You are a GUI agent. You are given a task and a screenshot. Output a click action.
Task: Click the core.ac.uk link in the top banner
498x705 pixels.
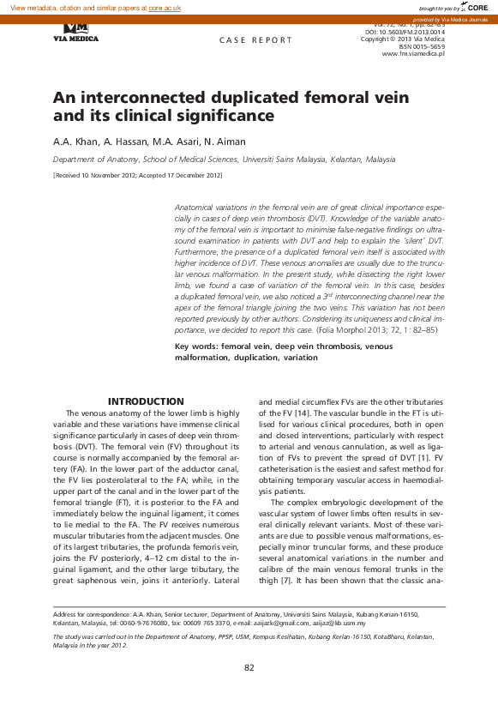[165, 7]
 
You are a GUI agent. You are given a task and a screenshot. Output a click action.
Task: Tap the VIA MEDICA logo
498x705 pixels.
[75, 33]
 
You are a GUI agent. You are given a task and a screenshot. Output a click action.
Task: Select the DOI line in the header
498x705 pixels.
[404, 32]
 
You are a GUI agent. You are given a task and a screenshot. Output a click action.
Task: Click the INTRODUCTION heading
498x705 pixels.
[146, 401]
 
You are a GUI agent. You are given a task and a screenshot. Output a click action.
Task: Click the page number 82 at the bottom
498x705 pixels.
[249, 668]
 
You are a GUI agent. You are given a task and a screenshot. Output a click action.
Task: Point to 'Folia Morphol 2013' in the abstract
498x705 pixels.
[343, 331]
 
